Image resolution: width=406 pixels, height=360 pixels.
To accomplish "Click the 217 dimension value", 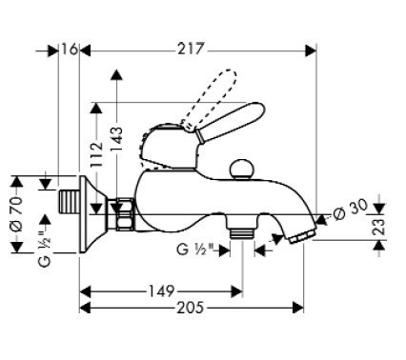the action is tap(191, 50).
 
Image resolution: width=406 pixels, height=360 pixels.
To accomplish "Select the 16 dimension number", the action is tap(70, 50).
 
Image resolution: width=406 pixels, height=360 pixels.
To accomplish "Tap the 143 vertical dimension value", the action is tap(116, 139).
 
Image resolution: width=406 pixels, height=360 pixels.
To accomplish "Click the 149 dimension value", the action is tap(161, 290).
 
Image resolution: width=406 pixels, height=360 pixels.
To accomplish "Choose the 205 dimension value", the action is tap(190, 308).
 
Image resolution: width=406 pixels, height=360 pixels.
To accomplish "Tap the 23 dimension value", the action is tap(379, 226).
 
